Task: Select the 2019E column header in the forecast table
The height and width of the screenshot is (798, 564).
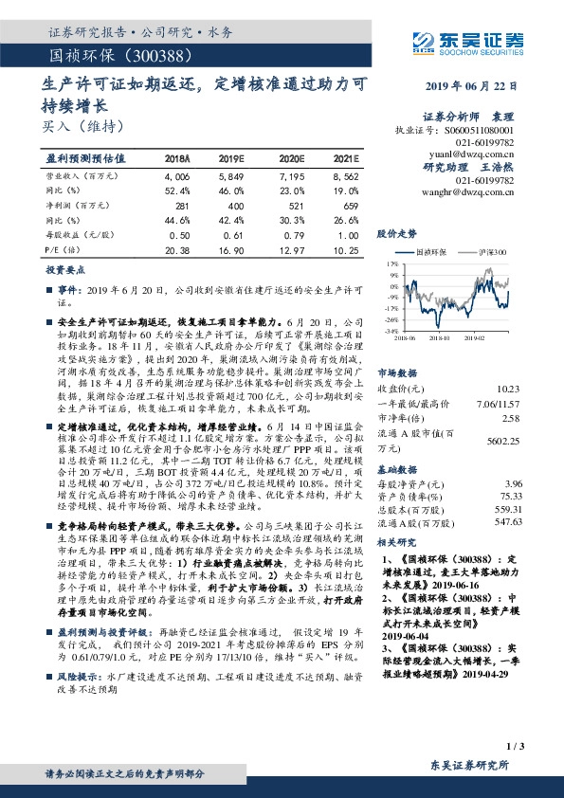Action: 231,159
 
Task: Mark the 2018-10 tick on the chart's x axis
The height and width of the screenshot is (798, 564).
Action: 438,336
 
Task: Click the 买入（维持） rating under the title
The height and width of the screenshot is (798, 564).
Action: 83,125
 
